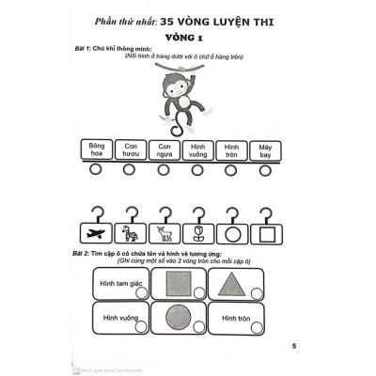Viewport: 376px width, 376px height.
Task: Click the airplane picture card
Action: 94,233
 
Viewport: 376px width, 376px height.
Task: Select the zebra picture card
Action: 129,233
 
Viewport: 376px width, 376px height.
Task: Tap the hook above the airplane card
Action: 94,211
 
